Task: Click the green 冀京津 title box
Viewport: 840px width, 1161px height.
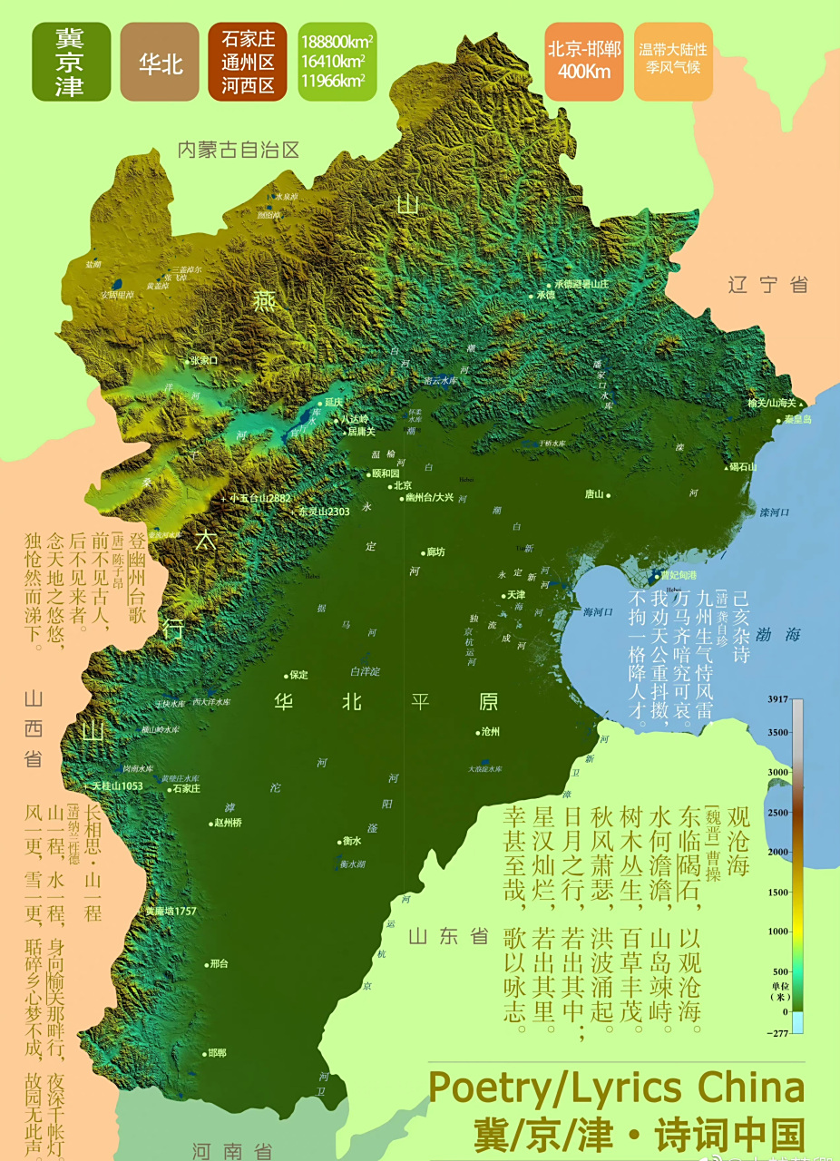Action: pos(71,62)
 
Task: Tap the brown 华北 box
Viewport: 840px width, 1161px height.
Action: pos(160,63)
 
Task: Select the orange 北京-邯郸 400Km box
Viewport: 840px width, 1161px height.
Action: pos(584,61)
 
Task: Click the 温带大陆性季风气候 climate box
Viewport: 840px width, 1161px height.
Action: pos(673,61)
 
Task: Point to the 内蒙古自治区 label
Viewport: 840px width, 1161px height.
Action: pos(238,150)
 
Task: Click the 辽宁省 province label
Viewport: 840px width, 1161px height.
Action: pos(767,285)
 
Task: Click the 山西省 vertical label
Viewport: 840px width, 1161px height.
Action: pos(34,728)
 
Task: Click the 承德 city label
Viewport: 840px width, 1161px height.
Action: pos(544,295)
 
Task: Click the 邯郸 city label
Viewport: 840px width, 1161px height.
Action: pos(216,1053)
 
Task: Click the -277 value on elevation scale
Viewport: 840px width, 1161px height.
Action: pos(779,1032)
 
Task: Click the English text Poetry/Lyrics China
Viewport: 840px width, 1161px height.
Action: pos(616,1088)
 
